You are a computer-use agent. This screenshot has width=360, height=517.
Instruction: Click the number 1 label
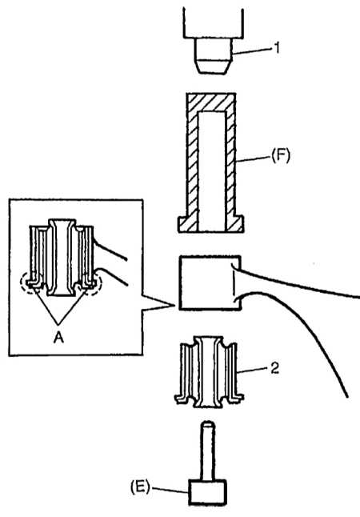pos(277,48)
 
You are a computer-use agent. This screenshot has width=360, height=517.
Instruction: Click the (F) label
pos(281,155)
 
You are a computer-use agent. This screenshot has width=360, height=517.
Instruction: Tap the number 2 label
pos(275,368)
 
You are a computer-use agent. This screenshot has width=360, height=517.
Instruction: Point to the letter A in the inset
pos(58,337)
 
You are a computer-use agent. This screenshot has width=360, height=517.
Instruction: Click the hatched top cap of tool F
pos(211,102)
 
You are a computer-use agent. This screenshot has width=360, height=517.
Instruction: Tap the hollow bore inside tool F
pos(212,171)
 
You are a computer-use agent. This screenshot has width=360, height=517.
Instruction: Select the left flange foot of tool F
pos(188,224)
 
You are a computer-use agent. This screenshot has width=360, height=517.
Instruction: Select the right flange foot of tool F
pos(234,224)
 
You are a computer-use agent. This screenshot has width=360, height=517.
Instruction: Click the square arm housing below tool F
pos(210,283)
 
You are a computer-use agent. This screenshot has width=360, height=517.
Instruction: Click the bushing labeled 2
pos(209,372)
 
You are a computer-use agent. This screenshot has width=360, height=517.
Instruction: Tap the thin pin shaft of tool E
pos(208,451)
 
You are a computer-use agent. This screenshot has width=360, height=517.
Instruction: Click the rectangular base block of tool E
pos(207,492)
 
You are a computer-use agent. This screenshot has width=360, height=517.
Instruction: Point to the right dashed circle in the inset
pos(91,283)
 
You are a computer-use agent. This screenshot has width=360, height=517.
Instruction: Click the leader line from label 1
pos(253,50)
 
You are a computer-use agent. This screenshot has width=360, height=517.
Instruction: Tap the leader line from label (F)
pos(253,158)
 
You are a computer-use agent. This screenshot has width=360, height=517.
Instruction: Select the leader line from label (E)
pos(170,490)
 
